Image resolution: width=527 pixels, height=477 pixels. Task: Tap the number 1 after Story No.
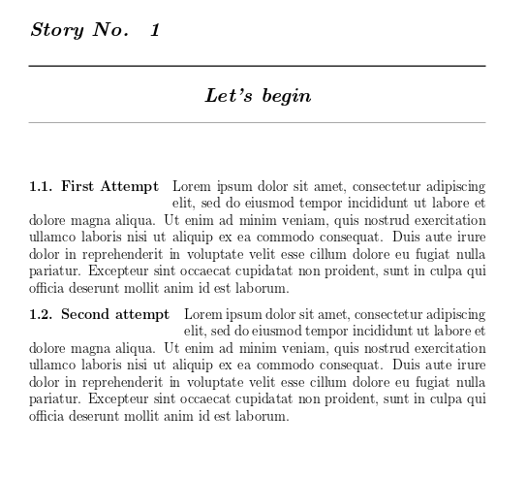[155, 30]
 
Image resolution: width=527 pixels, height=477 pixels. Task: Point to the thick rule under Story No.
[257, 66]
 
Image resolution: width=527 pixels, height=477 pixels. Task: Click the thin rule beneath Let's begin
[257, 123]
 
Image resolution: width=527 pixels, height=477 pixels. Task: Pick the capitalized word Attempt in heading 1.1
[129, 187]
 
